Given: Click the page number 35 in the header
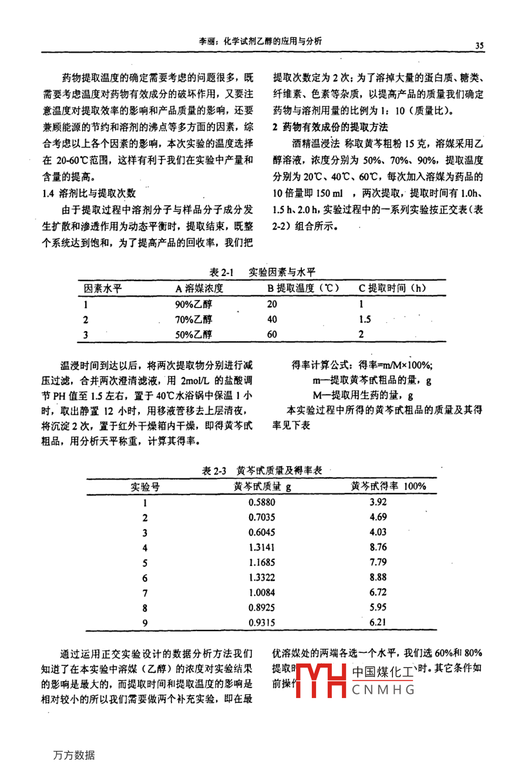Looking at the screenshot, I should [479, 46].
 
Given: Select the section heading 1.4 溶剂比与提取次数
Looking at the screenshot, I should [89, 193].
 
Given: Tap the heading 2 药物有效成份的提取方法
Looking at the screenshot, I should [330, 127].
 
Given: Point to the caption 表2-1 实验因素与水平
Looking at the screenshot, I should [262, 272].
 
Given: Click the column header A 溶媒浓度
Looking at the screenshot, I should [199, 288].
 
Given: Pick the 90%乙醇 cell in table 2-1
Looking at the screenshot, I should [193, 304].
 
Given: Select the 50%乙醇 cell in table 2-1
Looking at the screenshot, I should [193, 335].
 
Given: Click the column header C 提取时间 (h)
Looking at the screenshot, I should [392, 288].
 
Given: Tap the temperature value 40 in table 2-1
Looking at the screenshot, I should [272, 319].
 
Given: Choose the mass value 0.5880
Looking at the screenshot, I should [261, 502].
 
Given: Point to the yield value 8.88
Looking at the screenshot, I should [378, 577].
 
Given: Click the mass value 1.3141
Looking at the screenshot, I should [261, 547].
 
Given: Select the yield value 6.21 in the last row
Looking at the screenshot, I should [378, 622].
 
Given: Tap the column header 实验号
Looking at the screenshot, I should [145, 487].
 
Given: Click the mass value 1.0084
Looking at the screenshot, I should [261, 592].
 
